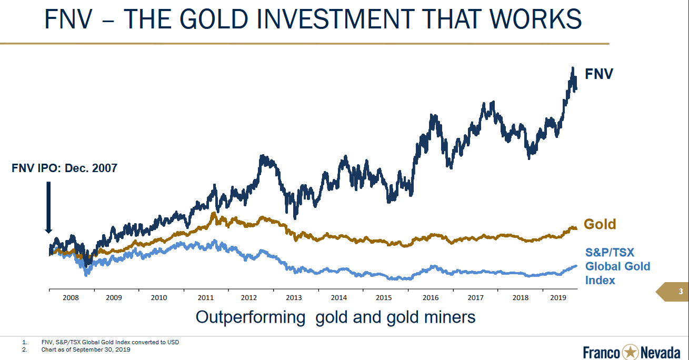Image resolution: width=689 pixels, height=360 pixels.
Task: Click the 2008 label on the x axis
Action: [71, 297]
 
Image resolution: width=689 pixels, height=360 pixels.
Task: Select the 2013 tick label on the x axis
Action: [294, 297]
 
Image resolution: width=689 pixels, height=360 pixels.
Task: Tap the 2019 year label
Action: [557, 297]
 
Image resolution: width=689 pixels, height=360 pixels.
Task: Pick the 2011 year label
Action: [205, 297]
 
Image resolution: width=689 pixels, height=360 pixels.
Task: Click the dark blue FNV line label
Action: [599, 74]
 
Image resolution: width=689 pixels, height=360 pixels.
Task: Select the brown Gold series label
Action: [600, 224]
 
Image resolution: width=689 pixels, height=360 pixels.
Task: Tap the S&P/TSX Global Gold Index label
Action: [617, 266]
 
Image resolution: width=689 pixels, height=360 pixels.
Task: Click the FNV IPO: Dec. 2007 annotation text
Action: [64, 168]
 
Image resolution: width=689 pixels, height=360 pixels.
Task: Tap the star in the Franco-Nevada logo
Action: [630, 352]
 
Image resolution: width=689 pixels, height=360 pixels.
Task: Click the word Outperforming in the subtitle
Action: [251, 317]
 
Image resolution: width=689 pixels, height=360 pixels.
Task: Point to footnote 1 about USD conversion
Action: [110, 342]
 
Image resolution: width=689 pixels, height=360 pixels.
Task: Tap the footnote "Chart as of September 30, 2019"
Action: [86, 349]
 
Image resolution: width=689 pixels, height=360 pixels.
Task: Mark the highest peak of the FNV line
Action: [572, 68]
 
